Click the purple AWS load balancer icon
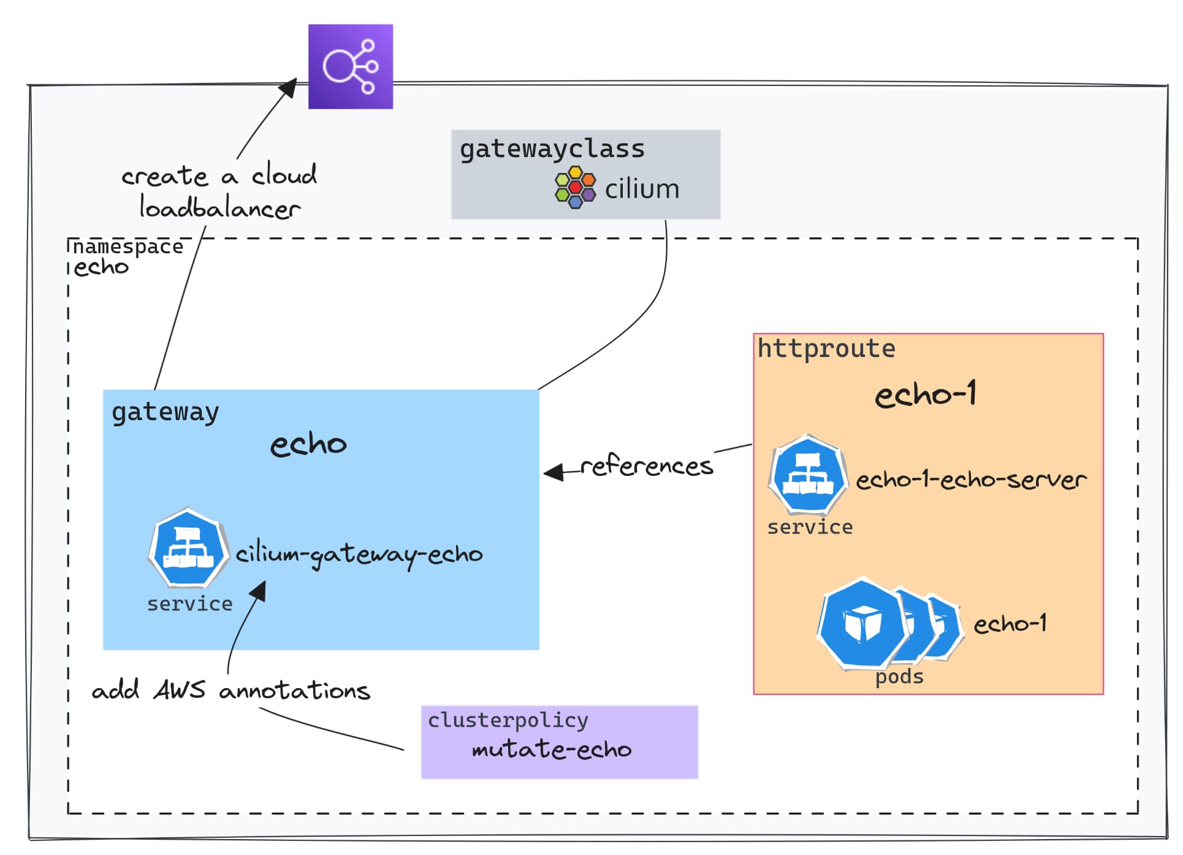(351, 67)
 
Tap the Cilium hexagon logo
(575, 188)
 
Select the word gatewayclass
(552, 149)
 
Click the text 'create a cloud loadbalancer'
(219, 192)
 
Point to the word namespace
(128, 247)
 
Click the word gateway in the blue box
(165, 412)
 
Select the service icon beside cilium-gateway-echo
(189, 547)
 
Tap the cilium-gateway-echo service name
(359, 555)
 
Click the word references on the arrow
(647, 466)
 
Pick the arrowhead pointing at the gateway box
(554, 472)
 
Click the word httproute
(826, 349)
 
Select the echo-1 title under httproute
(926, 394)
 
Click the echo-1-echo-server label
(971, 480)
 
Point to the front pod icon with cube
(863, 624)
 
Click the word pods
(899, 677)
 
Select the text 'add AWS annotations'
(231, 691)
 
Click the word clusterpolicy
(508, 720)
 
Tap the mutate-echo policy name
(552, 750)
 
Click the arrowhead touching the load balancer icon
(288, 88)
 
